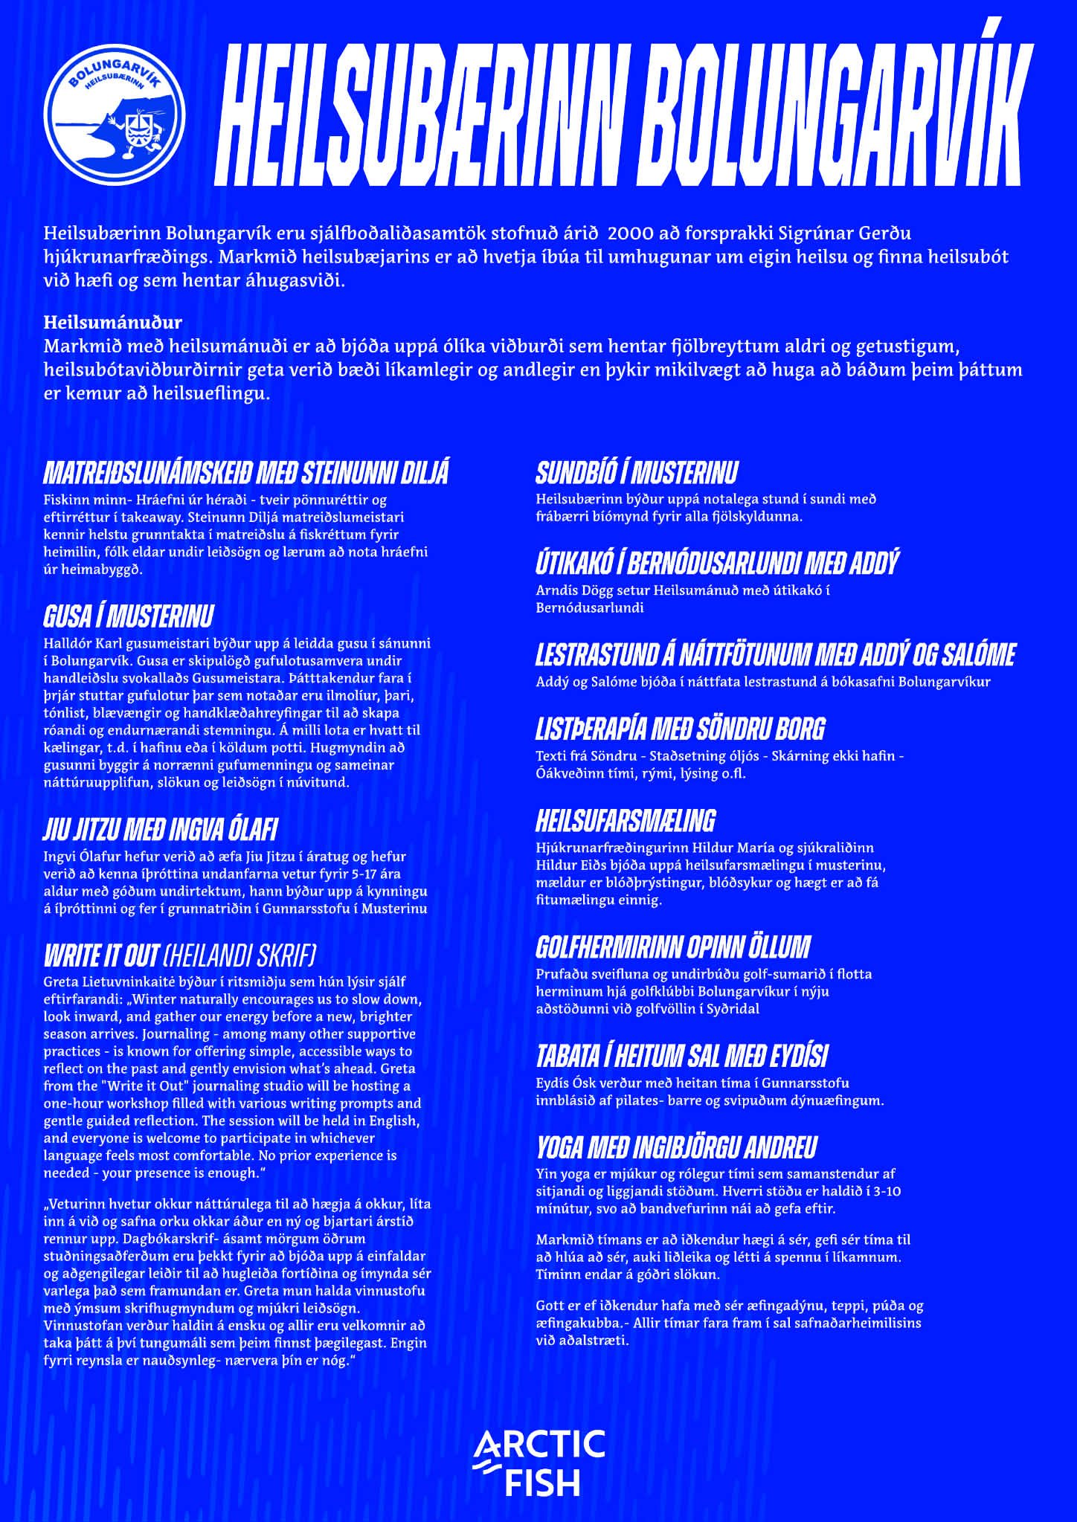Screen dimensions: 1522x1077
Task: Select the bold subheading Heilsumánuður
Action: click(x=113, y=322)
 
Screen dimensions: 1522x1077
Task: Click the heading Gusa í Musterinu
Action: click(x=129, y=616)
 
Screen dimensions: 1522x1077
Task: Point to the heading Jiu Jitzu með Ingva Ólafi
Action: click(x=161, y=830)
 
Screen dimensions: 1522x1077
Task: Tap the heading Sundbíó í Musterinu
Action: click(x=637, y=473)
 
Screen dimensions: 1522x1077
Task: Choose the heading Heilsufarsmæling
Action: click(x=626, y=821)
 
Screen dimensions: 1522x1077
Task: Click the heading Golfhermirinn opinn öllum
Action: click(x=672, y=947)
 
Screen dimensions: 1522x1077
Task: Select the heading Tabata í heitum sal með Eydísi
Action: click(x=681, y=1056)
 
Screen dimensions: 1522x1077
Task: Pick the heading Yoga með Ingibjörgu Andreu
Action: click(x=676, y=1147)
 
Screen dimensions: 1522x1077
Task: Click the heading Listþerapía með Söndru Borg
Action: click(x=680, y=729)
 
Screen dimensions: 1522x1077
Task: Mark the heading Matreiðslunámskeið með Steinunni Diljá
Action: click(x=246, y=473)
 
